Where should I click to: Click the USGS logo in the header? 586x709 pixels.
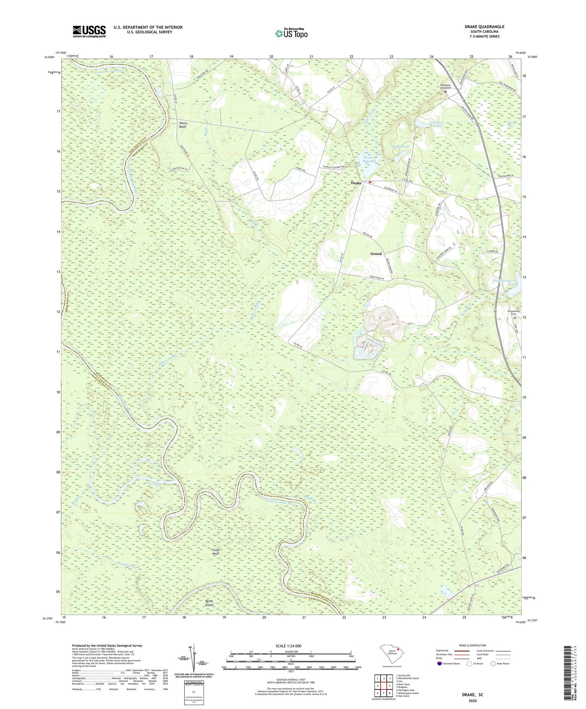pos(89,31)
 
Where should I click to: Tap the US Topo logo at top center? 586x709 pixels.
pos(291,34)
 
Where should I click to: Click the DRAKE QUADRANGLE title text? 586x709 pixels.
pos(484,27)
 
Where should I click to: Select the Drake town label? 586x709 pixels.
pos(356,183)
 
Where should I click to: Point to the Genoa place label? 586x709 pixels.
pos(376,253)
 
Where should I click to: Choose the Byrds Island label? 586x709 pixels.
pos(209,603)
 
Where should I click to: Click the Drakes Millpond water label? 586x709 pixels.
pos(368,159)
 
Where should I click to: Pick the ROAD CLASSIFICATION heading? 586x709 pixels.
pos(473,645)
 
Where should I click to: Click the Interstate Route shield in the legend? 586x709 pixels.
pos(439,664)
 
